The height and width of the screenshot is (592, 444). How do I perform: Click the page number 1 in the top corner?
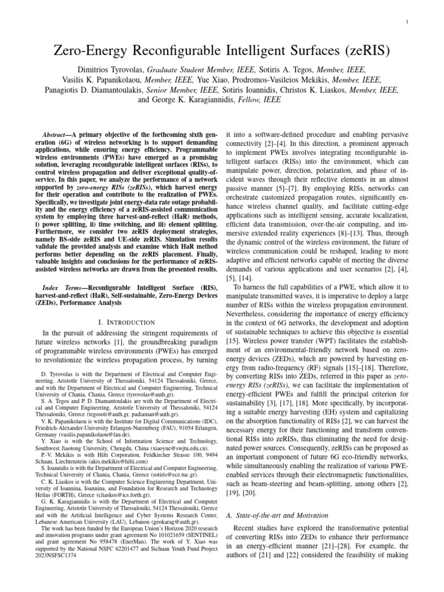click(x=409, y=21)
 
